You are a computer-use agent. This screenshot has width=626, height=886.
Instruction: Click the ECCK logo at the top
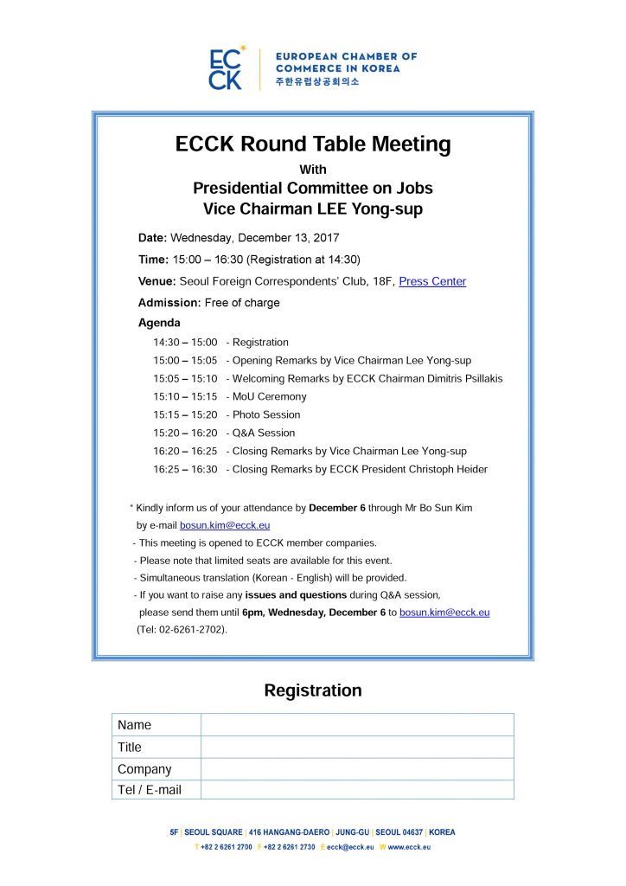(x=227, y=67)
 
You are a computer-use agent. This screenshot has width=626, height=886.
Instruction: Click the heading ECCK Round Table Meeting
(x=313, y=144)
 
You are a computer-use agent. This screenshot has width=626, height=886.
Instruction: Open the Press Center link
(x=432, y=281)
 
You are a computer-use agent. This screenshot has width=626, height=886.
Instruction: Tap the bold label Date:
(x=152, y=237)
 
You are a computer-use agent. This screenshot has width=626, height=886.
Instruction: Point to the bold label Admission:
(x=169, y=303)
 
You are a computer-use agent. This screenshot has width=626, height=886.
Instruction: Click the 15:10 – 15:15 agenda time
(x=185, y=396)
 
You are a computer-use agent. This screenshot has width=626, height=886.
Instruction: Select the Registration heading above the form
(x=313, y=690)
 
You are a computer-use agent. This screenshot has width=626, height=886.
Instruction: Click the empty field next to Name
(x=357, y=724)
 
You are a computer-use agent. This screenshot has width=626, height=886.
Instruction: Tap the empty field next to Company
(x=357, y=768)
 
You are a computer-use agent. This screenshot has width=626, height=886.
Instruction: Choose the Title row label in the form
(x=130, y=747)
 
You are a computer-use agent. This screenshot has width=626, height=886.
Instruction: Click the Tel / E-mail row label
(x=150, y=789)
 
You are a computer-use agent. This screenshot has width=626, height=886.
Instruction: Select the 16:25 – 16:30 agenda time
(x=185, y=469)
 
